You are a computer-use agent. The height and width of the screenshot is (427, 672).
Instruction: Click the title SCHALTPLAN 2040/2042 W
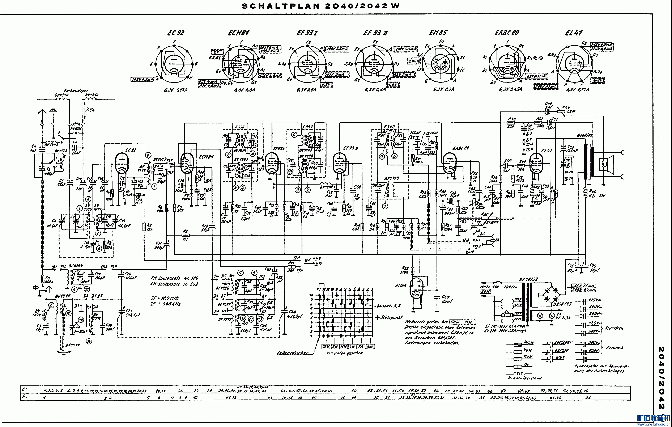point(321,6)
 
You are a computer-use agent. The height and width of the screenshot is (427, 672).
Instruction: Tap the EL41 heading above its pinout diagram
point(574,33)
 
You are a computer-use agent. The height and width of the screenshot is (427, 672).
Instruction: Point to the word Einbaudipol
point(76,91)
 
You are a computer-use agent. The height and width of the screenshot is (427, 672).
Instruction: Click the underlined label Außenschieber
point(293,352)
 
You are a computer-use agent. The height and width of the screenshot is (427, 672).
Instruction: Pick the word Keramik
point(615,348)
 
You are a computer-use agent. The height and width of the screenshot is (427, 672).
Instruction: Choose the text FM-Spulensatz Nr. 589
point(174,278)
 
